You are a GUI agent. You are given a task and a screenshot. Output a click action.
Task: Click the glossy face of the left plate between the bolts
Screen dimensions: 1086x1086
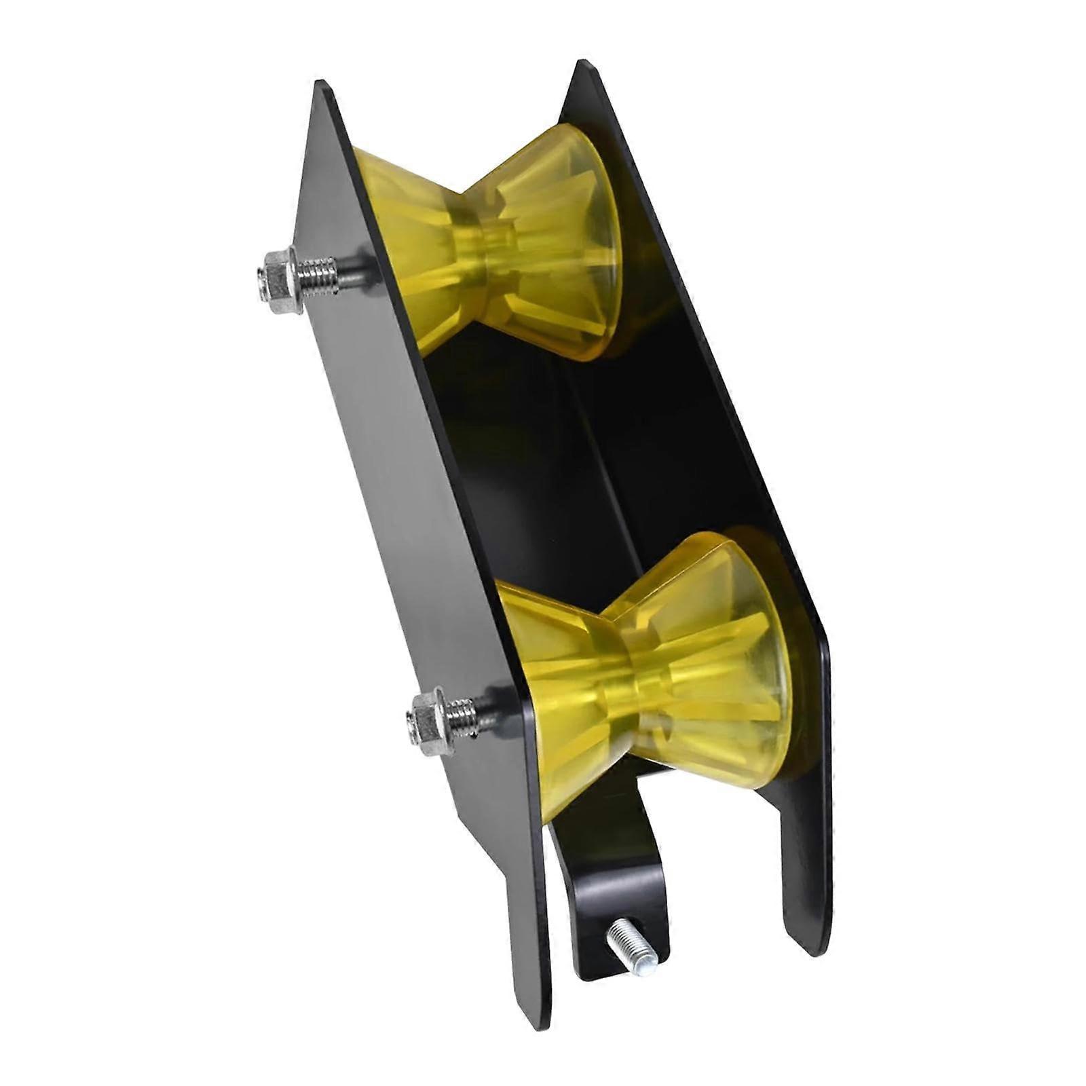(394, 475)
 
